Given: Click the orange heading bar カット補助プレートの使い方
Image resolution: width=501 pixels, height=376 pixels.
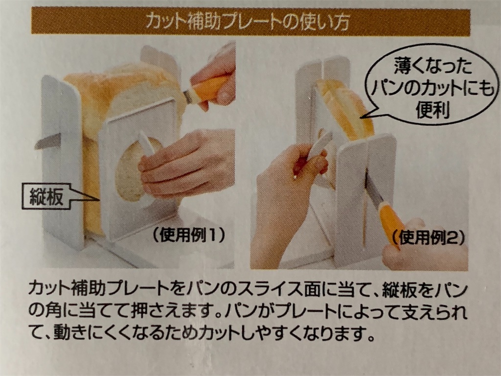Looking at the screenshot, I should (x=250, y=22).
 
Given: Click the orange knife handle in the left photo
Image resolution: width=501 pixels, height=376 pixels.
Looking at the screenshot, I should (x=209, y=88).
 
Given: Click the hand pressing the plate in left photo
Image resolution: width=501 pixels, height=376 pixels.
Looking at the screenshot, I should (x=191, y=162).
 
